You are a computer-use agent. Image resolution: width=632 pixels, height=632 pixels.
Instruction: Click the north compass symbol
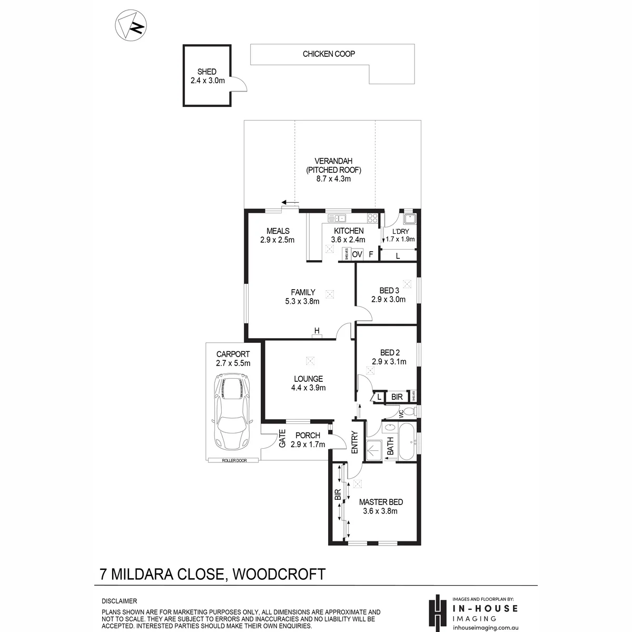[x=131, y=25]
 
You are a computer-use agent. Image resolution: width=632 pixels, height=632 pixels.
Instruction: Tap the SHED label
[x=206, y=72]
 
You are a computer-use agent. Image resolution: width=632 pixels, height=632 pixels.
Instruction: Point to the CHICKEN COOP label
[x=329, y=54]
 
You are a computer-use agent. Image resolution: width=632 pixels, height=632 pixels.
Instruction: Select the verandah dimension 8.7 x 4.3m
[x=333, y=179]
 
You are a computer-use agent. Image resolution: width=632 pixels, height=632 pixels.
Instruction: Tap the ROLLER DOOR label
[x=234, y=460]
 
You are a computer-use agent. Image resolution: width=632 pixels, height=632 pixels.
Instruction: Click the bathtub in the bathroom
[x=407, y=442]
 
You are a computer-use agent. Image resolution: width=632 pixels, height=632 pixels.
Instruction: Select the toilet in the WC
[x=410, y=411]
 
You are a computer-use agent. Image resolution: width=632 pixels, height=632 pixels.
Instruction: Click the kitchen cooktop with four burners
[x=372, y=218]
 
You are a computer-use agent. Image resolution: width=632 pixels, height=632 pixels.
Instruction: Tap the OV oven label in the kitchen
[x=357, y=254]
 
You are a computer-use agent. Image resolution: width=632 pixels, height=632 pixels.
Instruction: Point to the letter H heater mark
[x=317, y=331]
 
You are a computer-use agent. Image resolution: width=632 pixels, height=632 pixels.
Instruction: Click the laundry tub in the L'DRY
[x=410, y=219]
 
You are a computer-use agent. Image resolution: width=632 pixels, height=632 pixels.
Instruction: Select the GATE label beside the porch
[x=282, y=439]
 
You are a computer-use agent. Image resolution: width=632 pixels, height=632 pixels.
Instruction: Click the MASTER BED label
[x=381, y=502]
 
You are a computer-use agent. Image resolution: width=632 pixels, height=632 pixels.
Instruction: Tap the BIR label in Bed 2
[x=397, y=397]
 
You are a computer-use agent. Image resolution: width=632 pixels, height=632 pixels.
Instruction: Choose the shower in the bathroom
[x=374, y=451]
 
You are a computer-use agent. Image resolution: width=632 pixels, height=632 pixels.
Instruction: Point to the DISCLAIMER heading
[x=120, y=601]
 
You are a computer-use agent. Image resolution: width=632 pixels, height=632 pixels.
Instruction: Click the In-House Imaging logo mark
[x=438, y=613]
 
